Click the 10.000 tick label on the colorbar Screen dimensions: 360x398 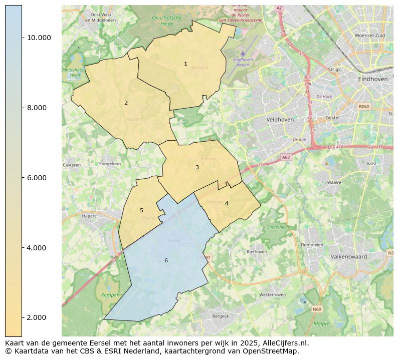click(x=39, y=38)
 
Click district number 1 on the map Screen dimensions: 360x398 click(x=185, y=64)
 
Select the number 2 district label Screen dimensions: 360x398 click(x=126, y=103)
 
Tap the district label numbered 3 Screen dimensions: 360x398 click(x=197, y=168)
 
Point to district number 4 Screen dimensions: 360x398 click(x=227, y=204)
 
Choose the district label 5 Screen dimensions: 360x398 click(x=141, y=211)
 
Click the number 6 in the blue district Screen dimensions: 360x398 click(x=166, y=261)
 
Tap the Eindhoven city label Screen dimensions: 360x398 click(x=373, y=80)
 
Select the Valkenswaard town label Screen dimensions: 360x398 click(x=349, y=257)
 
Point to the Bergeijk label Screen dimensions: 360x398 click(x=221, y=316)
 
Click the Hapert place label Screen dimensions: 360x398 click(x=89, y=216)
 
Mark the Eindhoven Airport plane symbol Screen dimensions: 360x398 click(x=243, y=54)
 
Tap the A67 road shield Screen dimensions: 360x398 click(x=286, y=157)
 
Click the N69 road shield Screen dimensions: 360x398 click(x=317, y=309)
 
